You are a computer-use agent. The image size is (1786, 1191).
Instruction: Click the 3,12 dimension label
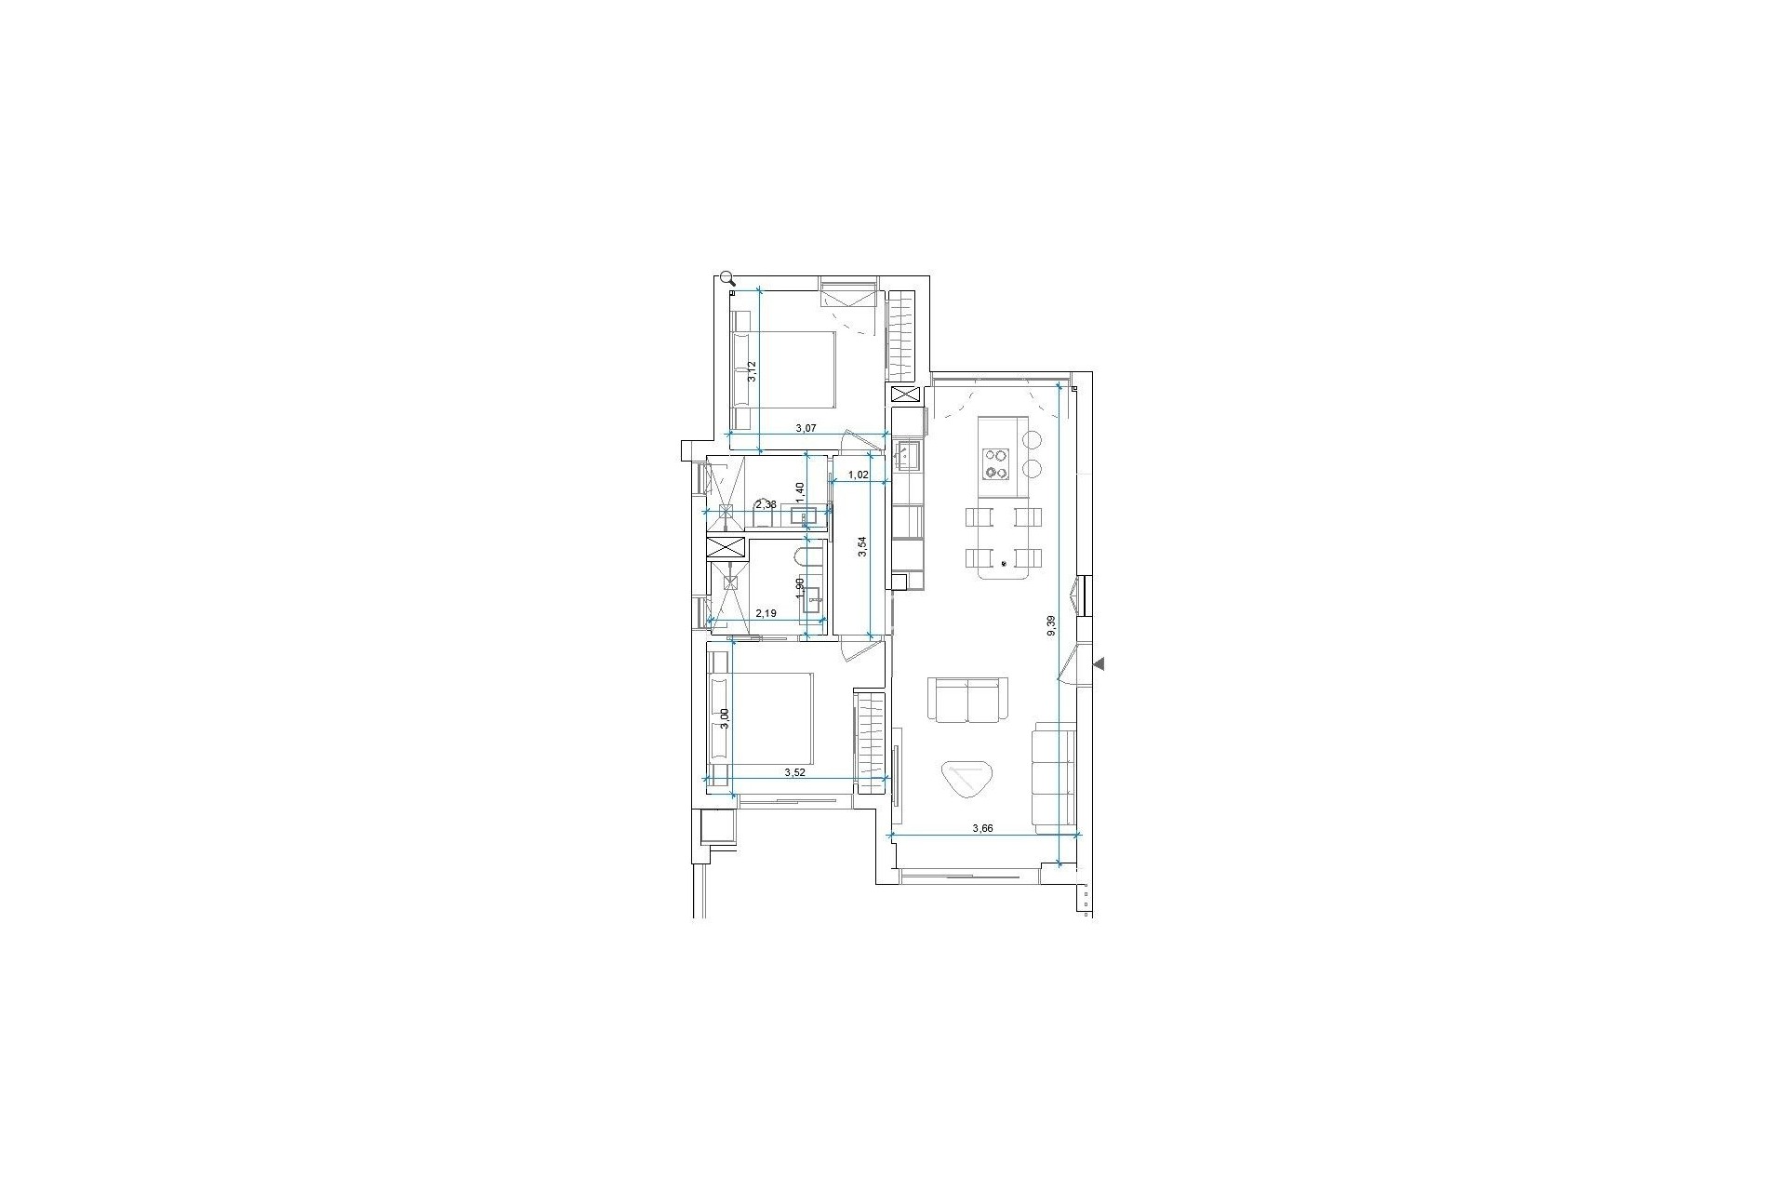coord(754,371)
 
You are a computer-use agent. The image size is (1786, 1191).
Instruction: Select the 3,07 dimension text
coord(806,429)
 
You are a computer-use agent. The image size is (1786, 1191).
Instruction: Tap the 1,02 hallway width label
coord(859,475)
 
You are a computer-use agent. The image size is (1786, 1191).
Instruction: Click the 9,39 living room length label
coord(1051,625)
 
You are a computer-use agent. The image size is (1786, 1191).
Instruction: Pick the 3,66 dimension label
coord(983,828)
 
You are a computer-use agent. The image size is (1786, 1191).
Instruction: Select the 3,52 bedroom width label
coord(794,772)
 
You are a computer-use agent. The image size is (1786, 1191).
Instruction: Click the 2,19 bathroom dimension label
coord(766,614)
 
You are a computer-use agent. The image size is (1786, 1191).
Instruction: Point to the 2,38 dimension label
coord(766,505)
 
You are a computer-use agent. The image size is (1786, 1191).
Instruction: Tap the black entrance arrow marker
coord(1099,663)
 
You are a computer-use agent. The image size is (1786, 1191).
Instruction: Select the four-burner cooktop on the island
coord(997,463)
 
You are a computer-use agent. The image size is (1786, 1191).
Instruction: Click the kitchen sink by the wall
coord(907,456)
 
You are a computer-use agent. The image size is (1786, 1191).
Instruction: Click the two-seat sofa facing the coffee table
coord(968,700)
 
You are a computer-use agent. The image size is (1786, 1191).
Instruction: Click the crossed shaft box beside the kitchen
coord(905,395)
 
